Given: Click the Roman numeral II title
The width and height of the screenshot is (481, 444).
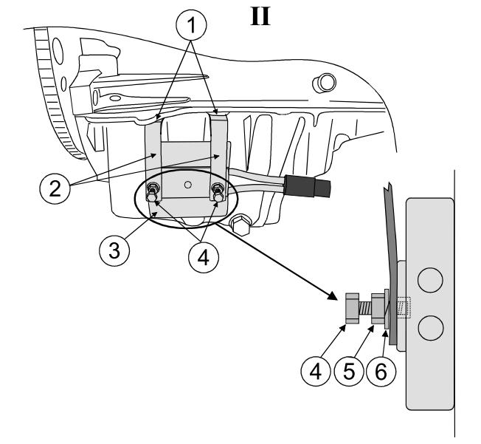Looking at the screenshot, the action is click(260, 16).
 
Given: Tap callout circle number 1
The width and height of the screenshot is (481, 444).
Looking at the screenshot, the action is click(191, 25).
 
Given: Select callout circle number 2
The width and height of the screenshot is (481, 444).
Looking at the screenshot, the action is click(55, 188).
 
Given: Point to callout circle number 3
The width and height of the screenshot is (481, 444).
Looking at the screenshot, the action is click(114, 250).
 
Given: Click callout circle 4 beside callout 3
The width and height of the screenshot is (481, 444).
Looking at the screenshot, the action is click(204, 257).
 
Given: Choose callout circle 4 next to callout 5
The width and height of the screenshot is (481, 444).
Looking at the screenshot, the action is click(316, 371).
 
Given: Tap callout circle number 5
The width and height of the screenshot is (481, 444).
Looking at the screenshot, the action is click(348, 371).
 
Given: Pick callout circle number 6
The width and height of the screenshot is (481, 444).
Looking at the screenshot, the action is click(381, 371).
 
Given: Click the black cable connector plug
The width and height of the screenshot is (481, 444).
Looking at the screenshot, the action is click(308, 186).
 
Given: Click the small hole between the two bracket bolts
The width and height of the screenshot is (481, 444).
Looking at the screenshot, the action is click(188, 185).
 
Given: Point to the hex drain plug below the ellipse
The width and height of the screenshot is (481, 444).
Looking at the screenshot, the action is click(240, 225).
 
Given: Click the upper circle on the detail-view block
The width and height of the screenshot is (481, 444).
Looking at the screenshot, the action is click(430, 280).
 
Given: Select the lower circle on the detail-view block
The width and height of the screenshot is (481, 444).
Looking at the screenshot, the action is click(430, 327).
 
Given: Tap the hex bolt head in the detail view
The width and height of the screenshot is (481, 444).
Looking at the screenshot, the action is click(352, 308).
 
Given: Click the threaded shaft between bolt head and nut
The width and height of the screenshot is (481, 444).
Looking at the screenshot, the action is click(365, 308).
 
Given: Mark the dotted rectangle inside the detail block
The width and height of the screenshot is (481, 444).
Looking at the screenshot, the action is click(404, 307).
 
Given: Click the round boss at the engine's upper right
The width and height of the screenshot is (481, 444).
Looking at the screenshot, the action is click(325, 83).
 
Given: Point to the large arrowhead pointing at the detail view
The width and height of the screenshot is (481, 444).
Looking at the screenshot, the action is click(332, 296).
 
